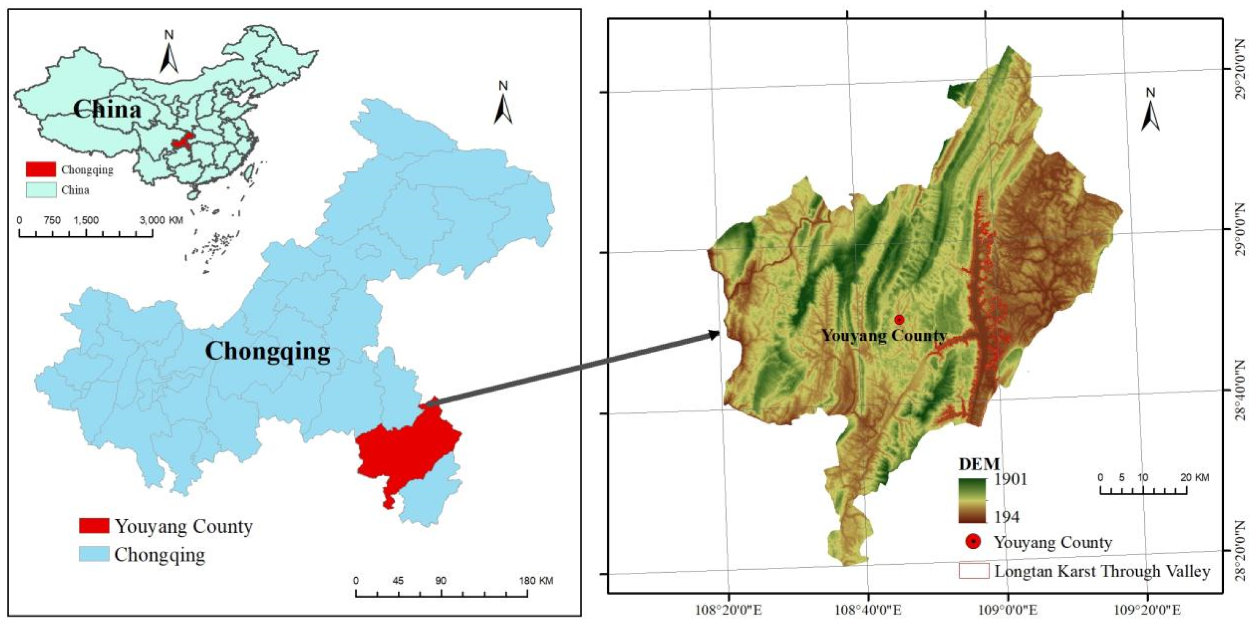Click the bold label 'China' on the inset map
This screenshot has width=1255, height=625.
pyautogui.click(x=107, y=109)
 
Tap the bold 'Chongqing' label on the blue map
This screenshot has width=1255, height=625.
pyautogui.click(x=268, y=351)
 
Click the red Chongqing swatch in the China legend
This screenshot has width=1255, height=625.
pyautogui.click(x=41, y=170)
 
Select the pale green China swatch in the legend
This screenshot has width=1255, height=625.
pyautogui.click(x=41, y=190)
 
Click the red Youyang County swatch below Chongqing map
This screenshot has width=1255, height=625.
pyautogui.click(x=94, y=526)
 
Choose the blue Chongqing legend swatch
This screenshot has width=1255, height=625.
pyautogui.click(x=94, y=554)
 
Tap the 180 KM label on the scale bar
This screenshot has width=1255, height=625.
pyautogui.click(x=536, y=581)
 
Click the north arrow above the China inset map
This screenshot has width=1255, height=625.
pyautogui.click(x=169, y=53)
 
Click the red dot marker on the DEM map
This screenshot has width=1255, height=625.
pyautogui.click(x=899, y=320)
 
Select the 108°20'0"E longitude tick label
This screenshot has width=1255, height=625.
pyautogui.click(x=728, y=610)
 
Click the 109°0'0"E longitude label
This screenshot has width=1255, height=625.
pyautogui.click(x=1008, y=610)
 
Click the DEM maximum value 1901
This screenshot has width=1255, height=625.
pyautogui.click(x=1010, y=479)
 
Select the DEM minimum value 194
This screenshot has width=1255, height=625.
pyautogui.click(x=1006, y=517)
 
